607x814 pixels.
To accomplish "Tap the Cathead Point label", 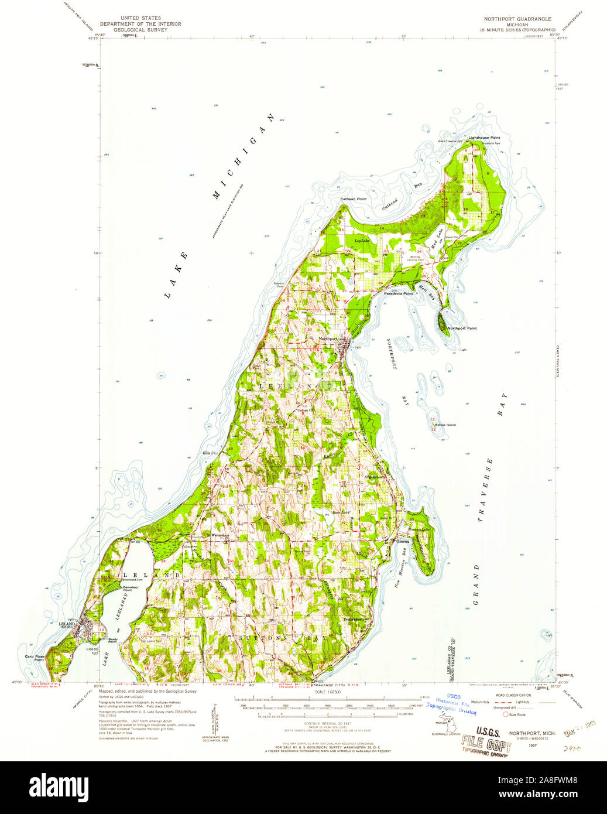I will coord(354,199).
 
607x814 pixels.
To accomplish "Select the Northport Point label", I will coord(462,329).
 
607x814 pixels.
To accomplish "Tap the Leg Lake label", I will coord(362,241).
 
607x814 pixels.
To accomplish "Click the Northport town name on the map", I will coord(328,339).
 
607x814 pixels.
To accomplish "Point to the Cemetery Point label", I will coord(131,588).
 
